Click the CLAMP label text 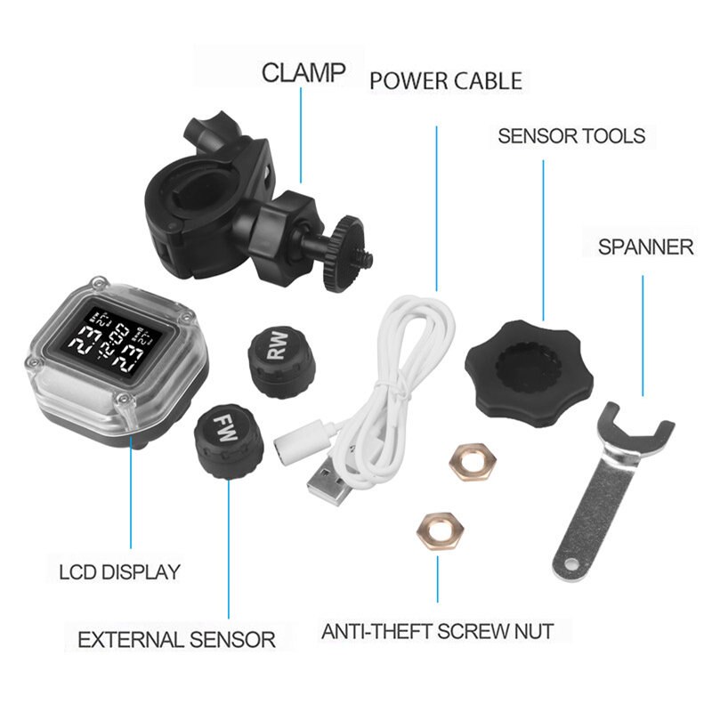(x=304, y=72)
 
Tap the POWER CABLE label (x=445, y=82)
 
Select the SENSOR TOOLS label (x=570, y=136)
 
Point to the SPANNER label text (x=645, y=247)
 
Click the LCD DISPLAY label (x=119, y=571)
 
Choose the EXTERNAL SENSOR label (x=176, y=639)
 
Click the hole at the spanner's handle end (x=566, y=563)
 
